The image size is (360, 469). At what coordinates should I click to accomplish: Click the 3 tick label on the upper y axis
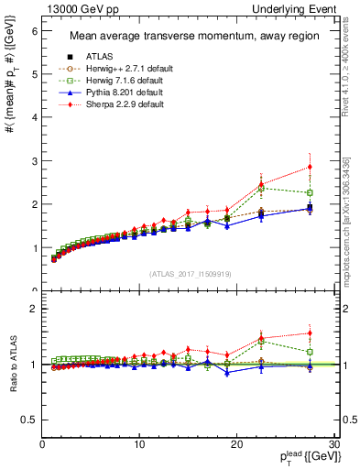pos(35,161)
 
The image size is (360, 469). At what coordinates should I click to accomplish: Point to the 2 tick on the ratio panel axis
pos(35,309)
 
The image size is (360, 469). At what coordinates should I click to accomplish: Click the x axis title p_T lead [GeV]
pos(302,455)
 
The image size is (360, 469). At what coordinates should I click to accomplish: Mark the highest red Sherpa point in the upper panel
pos(310,167)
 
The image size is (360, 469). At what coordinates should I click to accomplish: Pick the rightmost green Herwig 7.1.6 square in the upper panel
pos(310,192)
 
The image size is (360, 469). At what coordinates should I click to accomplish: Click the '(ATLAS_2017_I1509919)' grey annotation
pos(190,274)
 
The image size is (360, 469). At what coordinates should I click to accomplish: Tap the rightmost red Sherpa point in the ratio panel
pos(310,333)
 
